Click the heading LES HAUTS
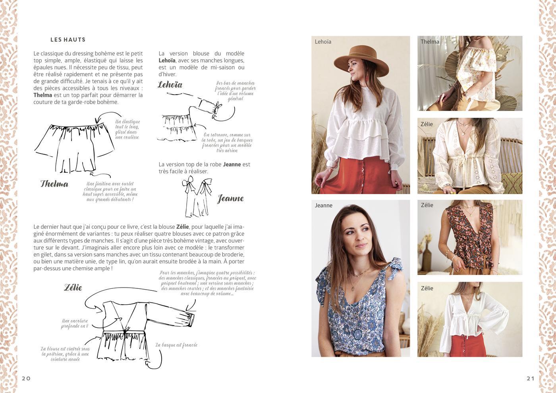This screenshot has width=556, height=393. coord(68,40)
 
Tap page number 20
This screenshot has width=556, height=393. coord(26,378)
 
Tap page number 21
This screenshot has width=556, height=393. coord(531,378)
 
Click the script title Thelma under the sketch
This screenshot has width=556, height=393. coord(54,184)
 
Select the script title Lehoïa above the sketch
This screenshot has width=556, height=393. coord(170,85)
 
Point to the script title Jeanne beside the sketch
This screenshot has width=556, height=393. coord(231,198)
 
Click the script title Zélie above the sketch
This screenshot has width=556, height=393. coord(73,288)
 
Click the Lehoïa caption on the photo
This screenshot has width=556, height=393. coord(323,42)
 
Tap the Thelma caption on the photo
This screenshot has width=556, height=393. coord(430,42)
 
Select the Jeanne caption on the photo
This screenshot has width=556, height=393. coord(323,205)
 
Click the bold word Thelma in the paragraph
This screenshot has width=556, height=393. coord(43,95)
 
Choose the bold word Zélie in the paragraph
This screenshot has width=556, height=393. coord(182,227)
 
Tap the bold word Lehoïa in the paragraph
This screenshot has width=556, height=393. coord(167,60)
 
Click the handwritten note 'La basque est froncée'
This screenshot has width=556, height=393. coord(176,345)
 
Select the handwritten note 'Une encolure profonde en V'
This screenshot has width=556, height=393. coord(75,323)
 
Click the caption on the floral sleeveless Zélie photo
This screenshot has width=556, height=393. coord(427,205)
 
